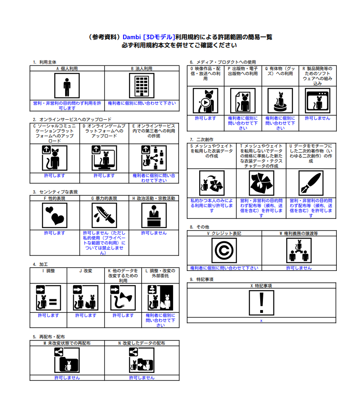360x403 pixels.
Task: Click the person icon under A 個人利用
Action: point(67,86)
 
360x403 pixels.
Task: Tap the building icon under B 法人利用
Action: point(141,86)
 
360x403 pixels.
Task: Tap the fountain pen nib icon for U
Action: point(311,183)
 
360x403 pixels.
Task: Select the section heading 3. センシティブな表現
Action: point(55,192)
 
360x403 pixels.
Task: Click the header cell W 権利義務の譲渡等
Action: point(298,233)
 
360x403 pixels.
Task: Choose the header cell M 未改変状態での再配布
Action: point(67,343)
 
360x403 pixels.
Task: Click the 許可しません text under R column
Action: point(317,118)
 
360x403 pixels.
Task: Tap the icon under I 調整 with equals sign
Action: point(48,297)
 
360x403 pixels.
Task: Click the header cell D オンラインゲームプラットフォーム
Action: point(104,131)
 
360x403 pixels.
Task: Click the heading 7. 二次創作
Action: point(201,139)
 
